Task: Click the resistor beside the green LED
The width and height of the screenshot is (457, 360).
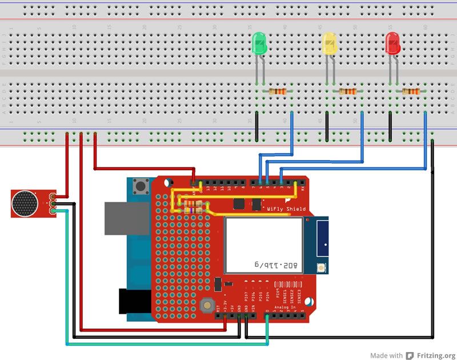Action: pos(278,91)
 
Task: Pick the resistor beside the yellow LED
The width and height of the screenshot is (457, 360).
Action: pos(347,91)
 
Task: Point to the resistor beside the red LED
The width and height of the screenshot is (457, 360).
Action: pos(411,91)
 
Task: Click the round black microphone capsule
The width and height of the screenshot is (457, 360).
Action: pos(25,203)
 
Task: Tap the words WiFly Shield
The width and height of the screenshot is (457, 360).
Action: pos(286,209)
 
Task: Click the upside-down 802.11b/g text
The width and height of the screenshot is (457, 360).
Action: pos(276,265)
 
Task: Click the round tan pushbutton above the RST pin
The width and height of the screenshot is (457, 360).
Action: pos(206,307)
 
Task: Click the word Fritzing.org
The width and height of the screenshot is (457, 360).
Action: pos(436,355)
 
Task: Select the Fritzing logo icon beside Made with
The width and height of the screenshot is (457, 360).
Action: pos(410,355)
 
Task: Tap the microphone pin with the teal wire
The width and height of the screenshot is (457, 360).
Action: pos(53,211)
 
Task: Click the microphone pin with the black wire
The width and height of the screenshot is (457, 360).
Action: pos(53,203)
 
